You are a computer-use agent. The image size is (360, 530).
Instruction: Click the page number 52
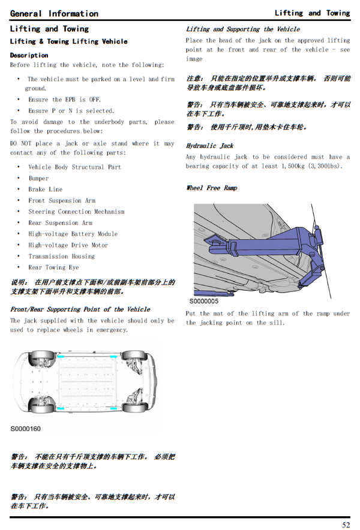click(346, 525)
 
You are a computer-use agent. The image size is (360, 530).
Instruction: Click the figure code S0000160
click(26, 429)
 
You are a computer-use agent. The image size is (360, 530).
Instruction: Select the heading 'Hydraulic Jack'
click(209, 146)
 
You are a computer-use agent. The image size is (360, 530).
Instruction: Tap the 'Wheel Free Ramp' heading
click(211, 188)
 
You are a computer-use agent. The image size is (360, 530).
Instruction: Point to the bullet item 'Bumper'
click(38, 178)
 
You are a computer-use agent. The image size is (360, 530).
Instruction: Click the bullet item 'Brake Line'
click(45, 189)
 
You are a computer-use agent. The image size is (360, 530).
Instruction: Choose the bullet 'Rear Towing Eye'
click(53, 267)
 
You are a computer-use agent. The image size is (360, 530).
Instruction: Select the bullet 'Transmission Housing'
click(61, 256)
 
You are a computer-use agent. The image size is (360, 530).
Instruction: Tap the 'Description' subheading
click(29, 55)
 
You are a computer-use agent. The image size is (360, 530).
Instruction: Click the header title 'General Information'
click(54, 13)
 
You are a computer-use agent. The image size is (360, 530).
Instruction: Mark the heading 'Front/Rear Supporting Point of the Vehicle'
click(80, 309)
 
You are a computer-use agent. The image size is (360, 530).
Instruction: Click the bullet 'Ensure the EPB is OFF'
click(64, 100)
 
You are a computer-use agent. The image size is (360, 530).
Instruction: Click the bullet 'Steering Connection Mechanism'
click(76, 212)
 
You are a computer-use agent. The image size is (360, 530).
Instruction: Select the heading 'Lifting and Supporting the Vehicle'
click(242, 29)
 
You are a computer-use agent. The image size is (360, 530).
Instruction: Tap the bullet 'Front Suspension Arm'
click(62, 201)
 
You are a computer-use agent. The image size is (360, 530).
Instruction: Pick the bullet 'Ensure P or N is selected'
click(71, 111)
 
